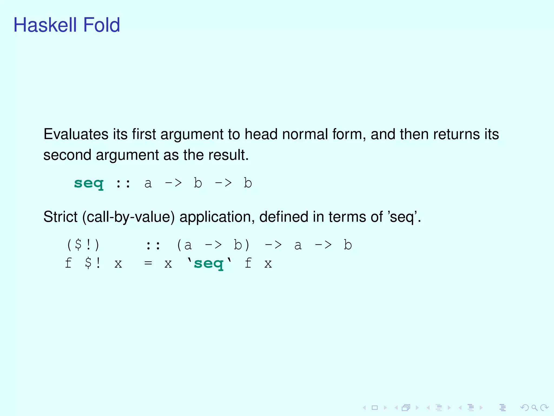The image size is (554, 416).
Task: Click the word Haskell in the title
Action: click(46, 25)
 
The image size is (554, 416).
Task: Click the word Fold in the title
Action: click(101, 25)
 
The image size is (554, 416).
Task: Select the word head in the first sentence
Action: click(261, 134)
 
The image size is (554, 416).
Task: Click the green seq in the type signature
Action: click(89, 184)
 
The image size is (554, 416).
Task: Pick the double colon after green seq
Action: click(123, 184)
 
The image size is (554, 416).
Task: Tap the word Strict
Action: click(60, 217)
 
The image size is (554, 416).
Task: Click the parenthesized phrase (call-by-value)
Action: click(128, 217)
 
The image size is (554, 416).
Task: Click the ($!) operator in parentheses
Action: click(83, 245)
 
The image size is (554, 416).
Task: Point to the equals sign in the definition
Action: click(148, 263)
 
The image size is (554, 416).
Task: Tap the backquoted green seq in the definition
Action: click(209, 263)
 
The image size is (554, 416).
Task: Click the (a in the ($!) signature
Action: click(184, 245)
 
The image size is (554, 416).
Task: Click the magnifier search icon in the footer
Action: click(534, 408)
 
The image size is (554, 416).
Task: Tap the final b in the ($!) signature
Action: click(348, 245)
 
